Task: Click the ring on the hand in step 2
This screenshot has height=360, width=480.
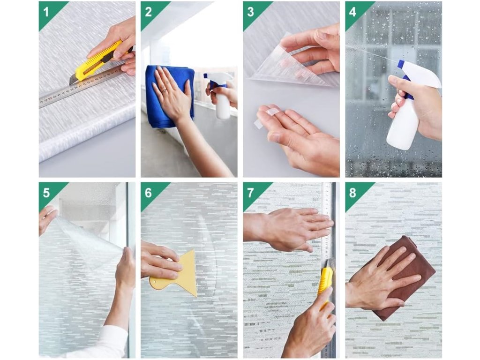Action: pos(164,90)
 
